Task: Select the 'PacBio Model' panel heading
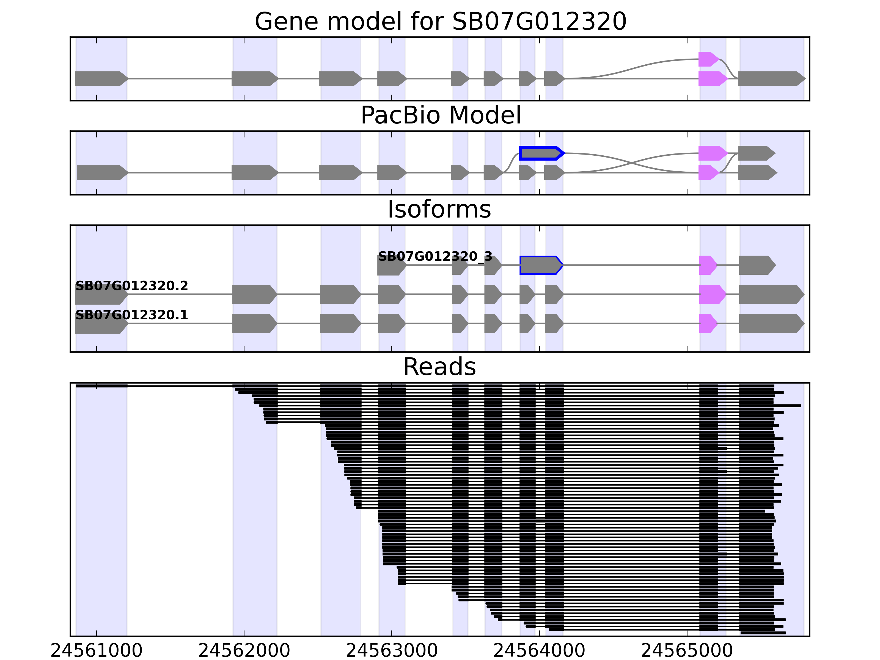tap(440, 116)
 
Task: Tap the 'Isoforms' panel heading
tap(439, 209)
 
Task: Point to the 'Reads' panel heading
tap(439, 367)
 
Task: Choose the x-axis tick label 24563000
tap(392, 651)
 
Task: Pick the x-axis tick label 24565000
tap(687, 651)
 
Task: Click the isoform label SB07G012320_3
tap(435, 257)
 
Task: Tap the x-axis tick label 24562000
tap(244, 651)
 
